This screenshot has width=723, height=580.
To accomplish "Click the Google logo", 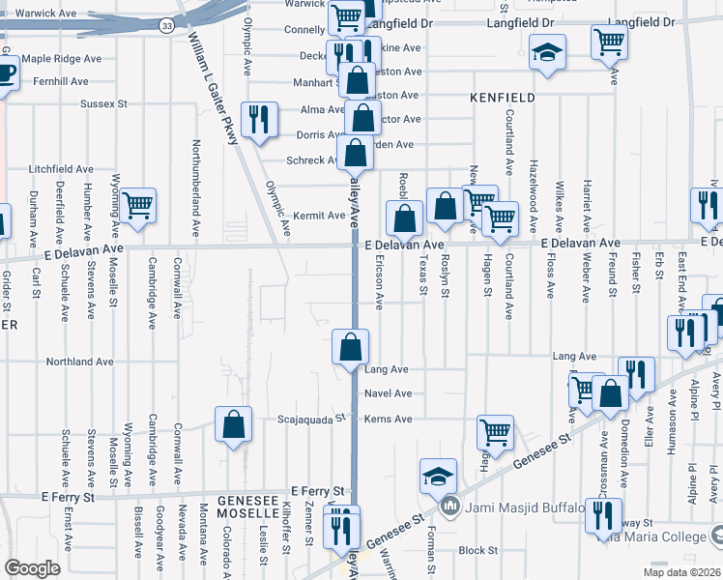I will pyautogui.click(x=32, y=568).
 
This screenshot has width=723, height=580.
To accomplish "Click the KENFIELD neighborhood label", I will pyautogui.click(x=502, y=98).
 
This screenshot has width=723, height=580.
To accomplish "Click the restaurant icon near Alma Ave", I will pyautogui.click(x=258, y=119).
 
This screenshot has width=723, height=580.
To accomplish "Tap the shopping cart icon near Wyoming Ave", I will pyautogui.click(x=139, y=204).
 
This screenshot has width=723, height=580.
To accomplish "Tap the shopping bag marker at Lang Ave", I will pyautogui.click(x=351, y=346).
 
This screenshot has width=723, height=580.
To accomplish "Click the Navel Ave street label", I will pyautogui.click(x=389, y=393).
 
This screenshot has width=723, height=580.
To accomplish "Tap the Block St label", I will pyautogui.click(x=477, y=550).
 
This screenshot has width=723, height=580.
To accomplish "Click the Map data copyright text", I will pyautogui.click(x=681, y=572).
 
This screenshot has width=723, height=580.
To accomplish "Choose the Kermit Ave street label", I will pyautogui.click(x=319, y=216).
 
